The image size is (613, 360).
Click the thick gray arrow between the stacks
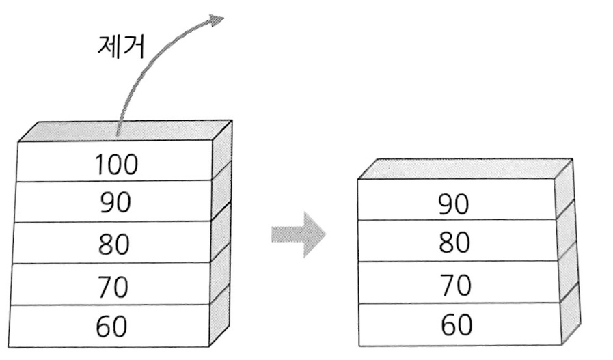click(299, 234)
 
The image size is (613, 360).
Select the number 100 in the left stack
click(115, 165)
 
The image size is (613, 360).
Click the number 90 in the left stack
click(115, 204)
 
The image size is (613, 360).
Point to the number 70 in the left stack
click(112, 286)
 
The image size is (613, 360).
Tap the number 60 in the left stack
click(112, 327)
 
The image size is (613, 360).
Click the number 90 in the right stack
click(455, 204)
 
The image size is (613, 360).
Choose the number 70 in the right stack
click(455, 285)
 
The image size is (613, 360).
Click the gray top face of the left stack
click(123, 130)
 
